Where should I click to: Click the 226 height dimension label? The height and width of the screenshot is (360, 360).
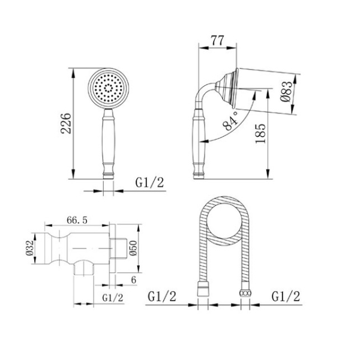click(66, 123)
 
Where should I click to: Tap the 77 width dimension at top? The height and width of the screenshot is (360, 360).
click(217, 41)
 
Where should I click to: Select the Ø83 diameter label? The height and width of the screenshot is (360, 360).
click(287, 92)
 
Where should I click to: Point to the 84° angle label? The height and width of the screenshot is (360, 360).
click(230, 121)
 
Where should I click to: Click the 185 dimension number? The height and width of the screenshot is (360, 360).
click(260, 134)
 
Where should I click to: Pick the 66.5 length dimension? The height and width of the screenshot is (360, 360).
click(77, 220)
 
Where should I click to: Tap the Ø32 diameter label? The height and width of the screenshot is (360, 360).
click(29, 248)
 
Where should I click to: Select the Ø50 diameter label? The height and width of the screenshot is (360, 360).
click(133, 248)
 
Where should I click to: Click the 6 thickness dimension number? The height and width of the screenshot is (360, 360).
click(134, 280)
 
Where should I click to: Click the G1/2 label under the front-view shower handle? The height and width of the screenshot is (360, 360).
click(149, 183)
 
